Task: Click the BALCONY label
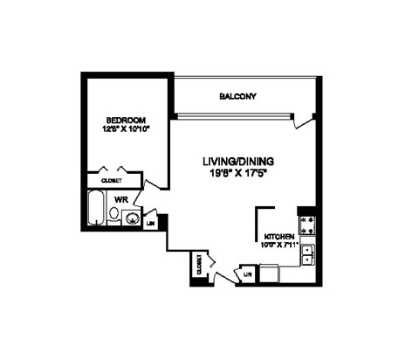[237, 97]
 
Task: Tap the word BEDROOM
[125, 120]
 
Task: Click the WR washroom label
[120, 198]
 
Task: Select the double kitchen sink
[307, 255]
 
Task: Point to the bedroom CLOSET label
[112, 181]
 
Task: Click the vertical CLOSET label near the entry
[199, 264]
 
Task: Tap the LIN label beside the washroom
[150, 223]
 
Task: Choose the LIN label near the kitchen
[247, 274]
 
